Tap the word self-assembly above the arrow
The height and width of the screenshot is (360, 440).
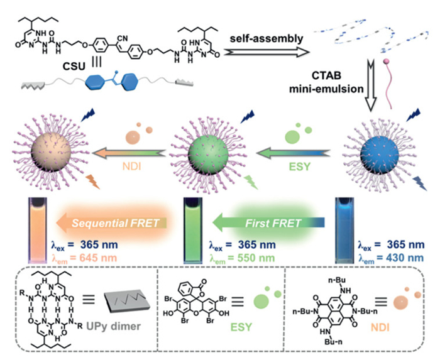pos(262,38)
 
